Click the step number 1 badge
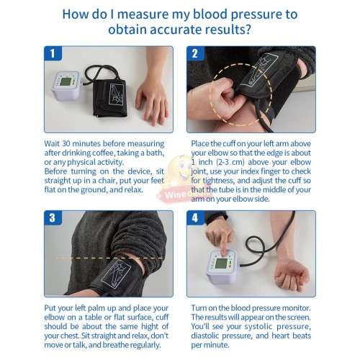click(x=50, y=53)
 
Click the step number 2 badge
click(x=194, y=53)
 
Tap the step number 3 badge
click(x=50, y=217)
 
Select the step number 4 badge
click(x=194, y=217)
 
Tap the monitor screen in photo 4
click(x=221, y=256)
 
